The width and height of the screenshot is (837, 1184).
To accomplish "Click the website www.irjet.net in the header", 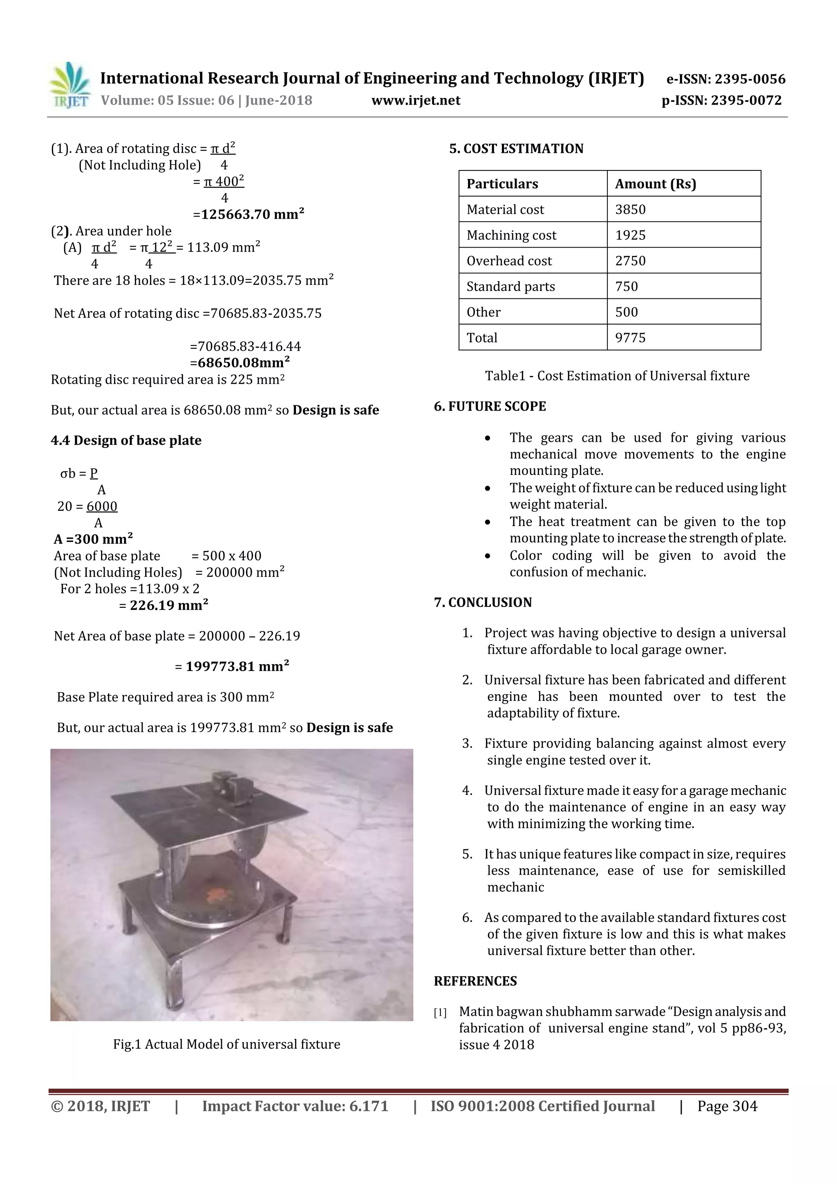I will tap(416, 100).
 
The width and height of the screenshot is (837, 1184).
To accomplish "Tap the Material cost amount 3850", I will tap(630, 209).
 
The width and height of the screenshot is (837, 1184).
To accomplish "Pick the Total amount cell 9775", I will tap(630, 338).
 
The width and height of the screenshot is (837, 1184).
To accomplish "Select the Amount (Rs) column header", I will tap(655, 184).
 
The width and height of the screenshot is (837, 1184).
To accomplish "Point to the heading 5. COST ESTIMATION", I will tap(516, 149).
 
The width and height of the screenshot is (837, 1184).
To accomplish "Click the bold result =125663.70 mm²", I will tap(248, 215).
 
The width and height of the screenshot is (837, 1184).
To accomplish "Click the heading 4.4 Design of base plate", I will tap(126, 441).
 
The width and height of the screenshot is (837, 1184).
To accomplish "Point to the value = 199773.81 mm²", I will tap(232, 667).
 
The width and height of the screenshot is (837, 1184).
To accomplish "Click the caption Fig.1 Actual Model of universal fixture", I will tap(226, 1044).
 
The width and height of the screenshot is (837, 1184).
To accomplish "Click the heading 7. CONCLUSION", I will tap(483, 602).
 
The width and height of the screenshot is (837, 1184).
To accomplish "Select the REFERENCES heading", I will tap(475, 981).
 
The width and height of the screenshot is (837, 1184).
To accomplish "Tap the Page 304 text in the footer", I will tap(727, 1107).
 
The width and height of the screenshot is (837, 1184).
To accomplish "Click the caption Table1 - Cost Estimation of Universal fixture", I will tap(617, 376).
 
